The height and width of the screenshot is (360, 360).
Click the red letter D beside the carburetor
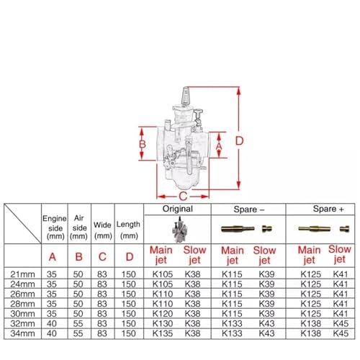coord(239,141)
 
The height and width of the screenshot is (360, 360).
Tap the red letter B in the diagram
coord(143,145)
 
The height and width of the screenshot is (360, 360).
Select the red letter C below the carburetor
coord(183,197)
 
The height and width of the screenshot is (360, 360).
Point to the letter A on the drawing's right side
coord(219,146)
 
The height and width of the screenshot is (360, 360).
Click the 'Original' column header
coord(178,209)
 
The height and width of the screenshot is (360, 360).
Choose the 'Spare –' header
coord(249,210)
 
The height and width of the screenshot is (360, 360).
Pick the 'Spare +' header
coord(328,209)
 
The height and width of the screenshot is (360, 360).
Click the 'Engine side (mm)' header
coord(54,228)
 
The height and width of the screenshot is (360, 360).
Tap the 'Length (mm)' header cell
coord(128,230)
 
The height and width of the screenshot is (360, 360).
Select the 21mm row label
coord(22,274)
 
